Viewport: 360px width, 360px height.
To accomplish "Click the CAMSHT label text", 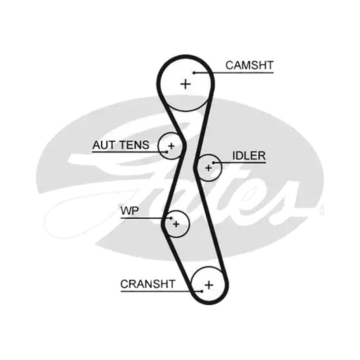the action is pyautogui.click(x=250, y=65).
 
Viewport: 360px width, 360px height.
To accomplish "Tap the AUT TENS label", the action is pyautogui.click(x=121, y=145).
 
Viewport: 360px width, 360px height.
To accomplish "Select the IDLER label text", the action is pyautogui.click(x=249, y=156).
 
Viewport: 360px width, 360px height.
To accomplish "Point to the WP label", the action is pyautogui.click(x=130, y=211).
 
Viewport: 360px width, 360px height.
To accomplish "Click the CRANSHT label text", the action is pyautogui.click(x=148, y=284).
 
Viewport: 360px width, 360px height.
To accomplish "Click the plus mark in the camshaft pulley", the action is pyautogui.click(x=185, y=84).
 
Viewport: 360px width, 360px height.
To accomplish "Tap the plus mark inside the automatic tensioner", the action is pyautogui.click(x=171, y=146).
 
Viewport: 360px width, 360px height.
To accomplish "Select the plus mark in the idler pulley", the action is pyautogui.click(x=208, y=168).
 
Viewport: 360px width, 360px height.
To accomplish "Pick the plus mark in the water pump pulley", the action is pyautogui.click(x=176, y=224).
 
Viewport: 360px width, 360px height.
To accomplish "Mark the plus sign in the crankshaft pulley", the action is pyautogui.click(x=209, y=285).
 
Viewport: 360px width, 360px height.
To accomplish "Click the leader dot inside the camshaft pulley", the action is pyautogui.click(x=194, y=73).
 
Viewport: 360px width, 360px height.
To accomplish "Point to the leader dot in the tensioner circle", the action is pyautogui.click(x=167, y=152).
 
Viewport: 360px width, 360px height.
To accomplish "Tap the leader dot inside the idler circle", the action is pyautogui.click(x=213, y=163).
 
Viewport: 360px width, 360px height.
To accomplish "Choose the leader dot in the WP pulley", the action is pyautogui.click(x=171, y=218).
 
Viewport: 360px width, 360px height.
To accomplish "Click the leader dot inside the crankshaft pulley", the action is pyautogui.click(x=202, y=291).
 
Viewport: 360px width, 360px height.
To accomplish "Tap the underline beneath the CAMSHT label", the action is pyautogui.click(x=234, y=73).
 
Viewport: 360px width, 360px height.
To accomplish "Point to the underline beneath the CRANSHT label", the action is pyautogui.click(x=161, y=291).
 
